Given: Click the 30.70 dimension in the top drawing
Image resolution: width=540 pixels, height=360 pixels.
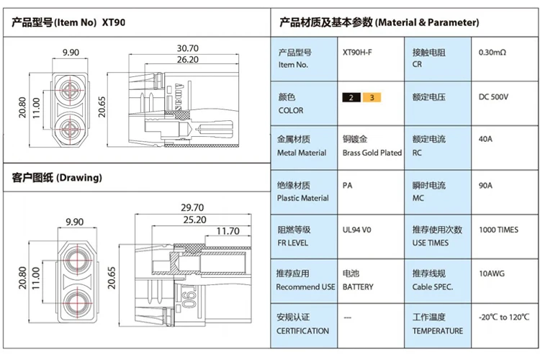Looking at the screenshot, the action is (x=188, y=48).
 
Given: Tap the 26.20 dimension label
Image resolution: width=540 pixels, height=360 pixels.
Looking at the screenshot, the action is (x=188, y=60).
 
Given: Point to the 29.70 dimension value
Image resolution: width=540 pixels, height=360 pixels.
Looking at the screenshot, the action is (x=192, y=208).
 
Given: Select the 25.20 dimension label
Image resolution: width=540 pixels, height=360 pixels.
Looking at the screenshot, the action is (x=195, y=220).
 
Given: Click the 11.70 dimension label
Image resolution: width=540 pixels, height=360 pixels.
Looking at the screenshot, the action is (x=228, y=231).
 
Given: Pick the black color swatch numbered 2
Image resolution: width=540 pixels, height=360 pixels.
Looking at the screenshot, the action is (x=351, y=97).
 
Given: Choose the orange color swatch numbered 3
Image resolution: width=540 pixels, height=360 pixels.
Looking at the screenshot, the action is (x=372, y=97).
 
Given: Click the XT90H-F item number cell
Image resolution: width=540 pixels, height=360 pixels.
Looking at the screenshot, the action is (x=357, y=53).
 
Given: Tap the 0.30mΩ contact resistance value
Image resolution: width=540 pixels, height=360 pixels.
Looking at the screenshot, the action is (x=492, y=53).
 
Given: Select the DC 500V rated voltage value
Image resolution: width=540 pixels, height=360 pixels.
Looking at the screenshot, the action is (x=493, y=96).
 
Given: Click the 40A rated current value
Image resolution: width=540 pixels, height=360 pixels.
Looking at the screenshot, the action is (x=485, y=139).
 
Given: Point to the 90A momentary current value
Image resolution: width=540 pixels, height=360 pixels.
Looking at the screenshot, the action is (x=485, y=185).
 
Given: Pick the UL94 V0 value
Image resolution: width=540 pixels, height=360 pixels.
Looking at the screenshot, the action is (x=357, y=230).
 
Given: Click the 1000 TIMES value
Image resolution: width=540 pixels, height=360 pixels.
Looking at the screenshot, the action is (x=499, y=230).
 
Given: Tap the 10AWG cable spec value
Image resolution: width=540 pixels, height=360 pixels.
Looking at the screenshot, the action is (x=492, y=274).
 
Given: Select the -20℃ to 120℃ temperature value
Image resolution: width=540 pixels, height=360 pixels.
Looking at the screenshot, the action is (x=504, y=317).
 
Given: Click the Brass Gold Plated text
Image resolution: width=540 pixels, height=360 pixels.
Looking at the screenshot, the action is (x=372, y=153).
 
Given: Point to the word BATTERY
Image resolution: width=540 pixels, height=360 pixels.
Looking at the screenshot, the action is (x=358, y=287).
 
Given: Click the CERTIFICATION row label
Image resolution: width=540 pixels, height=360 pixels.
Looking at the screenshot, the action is (x=302, y=330).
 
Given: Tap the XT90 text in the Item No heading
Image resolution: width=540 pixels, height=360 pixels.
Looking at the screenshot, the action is (x=114, y=22).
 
